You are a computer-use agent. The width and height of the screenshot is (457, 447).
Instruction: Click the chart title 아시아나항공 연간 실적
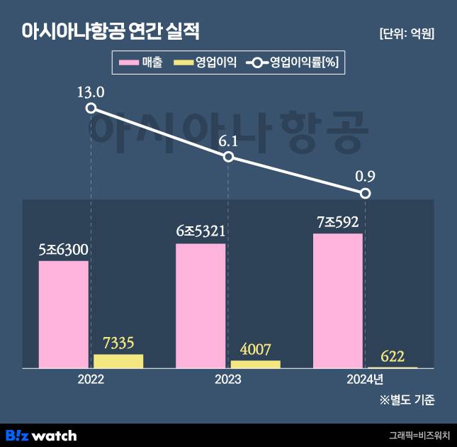pyautogui.click(x=111, y=32)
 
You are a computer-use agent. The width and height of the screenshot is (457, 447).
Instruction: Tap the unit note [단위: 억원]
pyautogui.click(x=407, y=33)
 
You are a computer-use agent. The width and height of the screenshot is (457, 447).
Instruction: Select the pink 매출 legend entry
pyautogui.click(x=142, y=63)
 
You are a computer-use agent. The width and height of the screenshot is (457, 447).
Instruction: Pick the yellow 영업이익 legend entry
pyautogui.click(x=205, y=63)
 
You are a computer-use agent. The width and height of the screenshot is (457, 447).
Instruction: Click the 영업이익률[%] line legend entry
pyautogui.click(x=293, y=63)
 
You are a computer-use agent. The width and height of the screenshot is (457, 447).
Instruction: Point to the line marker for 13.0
pyautogui.click(x=91, y=108)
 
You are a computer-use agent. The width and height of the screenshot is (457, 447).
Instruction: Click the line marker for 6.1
pyautogui.click(x=228, y=156)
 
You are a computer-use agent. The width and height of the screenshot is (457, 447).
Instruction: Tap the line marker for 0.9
pyautogui.click(x=365, y=193)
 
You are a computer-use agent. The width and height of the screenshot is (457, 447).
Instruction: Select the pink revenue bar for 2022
pyautogui.click(x=64, y=314)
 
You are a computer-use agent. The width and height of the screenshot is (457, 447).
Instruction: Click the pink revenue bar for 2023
pyautogui.click(x=201, y=306)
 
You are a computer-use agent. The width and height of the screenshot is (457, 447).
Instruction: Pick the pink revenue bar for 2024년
pyautogui.click(x=337, y=301)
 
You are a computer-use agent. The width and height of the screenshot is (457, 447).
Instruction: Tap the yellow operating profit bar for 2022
pyautogui.click(x=118, y=361)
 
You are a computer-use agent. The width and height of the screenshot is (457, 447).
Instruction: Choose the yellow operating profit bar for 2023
pyautogui.click(x=255, y=364)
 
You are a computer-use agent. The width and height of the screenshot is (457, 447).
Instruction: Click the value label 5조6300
pyautogui.click(x=64, y=250)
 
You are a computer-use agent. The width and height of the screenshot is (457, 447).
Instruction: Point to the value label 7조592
pyautogui.click(x=338, y=222)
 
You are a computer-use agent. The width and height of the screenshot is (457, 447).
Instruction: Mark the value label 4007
pyautogui.click(x=256, y=349)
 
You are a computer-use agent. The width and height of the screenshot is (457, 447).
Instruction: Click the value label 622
pyautogui.click(x=393, y=355)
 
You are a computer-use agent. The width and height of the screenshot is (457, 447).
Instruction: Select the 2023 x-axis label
pyautogui.click(x=228, y=380)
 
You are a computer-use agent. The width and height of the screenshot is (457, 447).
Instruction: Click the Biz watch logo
pyautogui.click(x=41, y=435)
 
